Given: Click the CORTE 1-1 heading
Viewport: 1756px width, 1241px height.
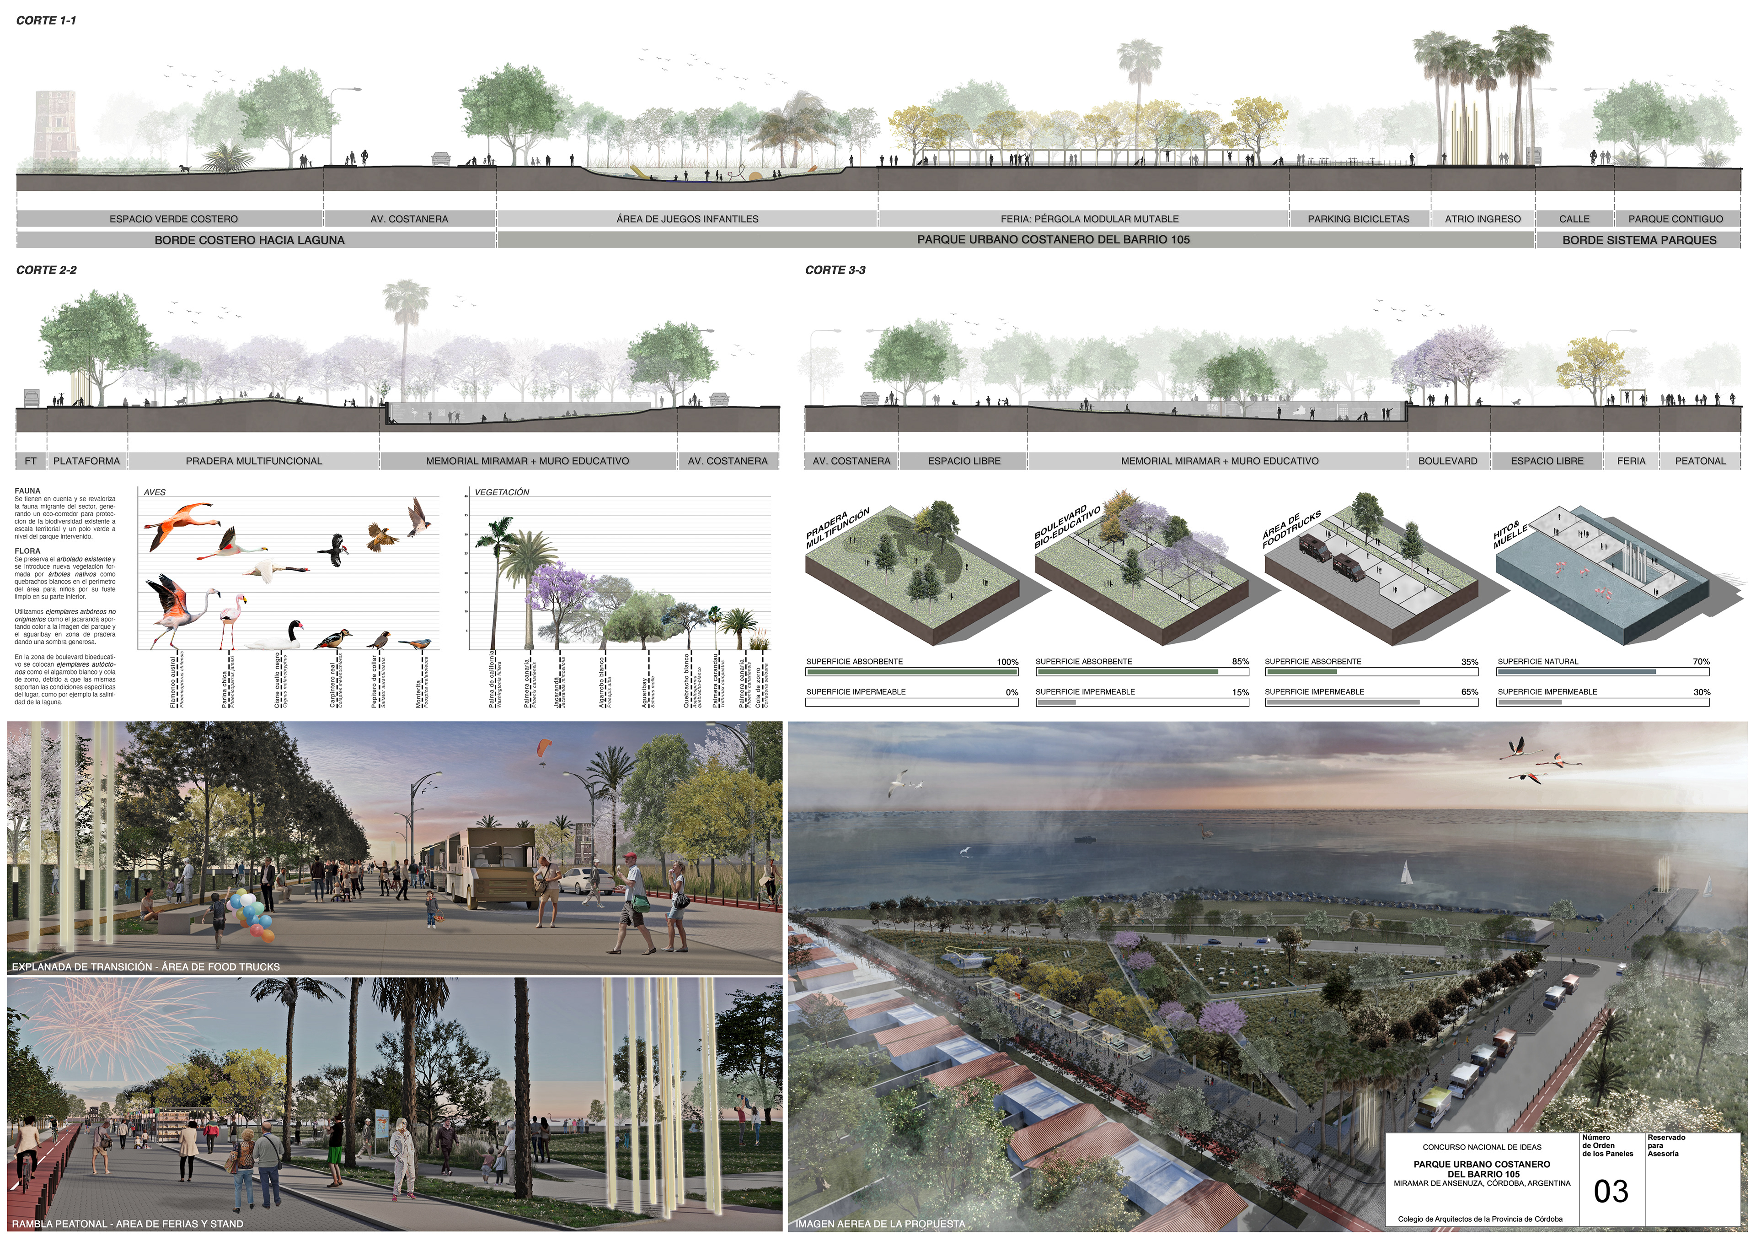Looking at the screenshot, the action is tap(46, 21).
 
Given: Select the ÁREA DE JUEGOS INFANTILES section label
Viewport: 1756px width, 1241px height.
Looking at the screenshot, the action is tap(687, 219).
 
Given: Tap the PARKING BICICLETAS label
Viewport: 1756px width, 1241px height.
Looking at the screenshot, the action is tap(1358, 219).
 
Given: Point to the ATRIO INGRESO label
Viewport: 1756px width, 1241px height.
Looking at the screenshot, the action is tap(1482, 219).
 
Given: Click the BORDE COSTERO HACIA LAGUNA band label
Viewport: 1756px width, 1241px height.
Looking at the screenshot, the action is tap(249, 240).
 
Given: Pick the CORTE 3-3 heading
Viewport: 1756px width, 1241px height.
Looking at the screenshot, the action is tap(835, 270).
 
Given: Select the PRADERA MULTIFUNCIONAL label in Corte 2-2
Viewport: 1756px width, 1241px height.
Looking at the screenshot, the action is tap(254, 461).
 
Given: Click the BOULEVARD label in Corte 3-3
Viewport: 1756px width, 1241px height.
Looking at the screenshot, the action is tap(1447, 461).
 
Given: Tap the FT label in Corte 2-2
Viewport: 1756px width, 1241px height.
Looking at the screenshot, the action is tap(31, 461).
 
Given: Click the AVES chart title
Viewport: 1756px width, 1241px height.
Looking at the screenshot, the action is tap(155, 492).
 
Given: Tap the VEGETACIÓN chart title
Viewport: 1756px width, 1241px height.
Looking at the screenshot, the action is tap(502, 492).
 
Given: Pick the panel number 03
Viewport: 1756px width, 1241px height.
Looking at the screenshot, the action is tap(1611, 1191).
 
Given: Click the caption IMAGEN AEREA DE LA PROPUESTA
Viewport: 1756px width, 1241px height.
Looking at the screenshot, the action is tap(879, 1224).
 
